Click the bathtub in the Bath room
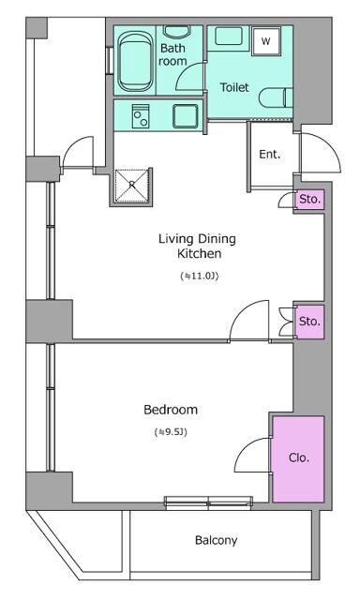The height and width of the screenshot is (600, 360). [x=134, y=61]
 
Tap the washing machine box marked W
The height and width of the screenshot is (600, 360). [x=266, y=41]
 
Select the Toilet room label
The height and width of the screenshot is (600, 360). [x=234, y=87]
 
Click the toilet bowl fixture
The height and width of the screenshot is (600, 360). [x=276, y=98]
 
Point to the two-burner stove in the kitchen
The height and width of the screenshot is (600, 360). [x=141, y=116]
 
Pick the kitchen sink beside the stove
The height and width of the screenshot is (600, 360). [x=186, y=116]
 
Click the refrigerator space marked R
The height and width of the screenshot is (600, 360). [x=132, y=186]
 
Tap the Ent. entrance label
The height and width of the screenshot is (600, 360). [x=270, y=155]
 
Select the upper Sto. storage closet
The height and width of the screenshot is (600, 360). [x=309, y=200]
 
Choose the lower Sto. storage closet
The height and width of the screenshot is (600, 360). [x=310, y=322]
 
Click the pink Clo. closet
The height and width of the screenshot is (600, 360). [x=298, y=458]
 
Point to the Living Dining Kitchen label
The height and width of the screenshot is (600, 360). [x=198, y=246]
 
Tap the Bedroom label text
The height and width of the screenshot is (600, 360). [x=171, y=410]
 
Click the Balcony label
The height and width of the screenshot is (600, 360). [x=217, y=540]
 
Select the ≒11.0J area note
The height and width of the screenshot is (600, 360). [x=199, y=276]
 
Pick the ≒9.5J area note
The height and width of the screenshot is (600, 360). [x=171, y=432]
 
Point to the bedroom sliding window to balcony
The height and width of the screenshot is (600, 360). [x=208, y=502]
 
